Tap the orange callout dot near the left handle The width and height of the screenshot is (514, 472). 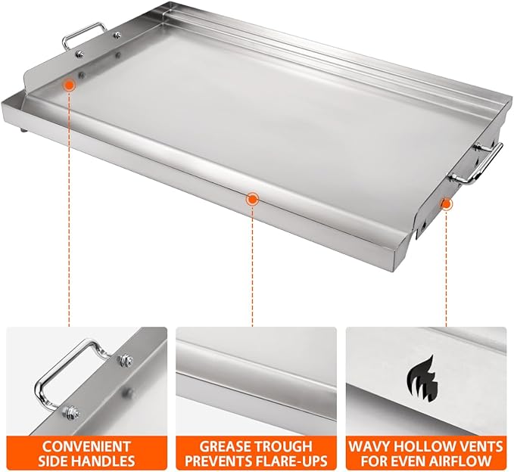coord(69,86)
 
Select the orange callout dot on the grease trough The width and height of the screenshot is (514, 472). coord(252,199)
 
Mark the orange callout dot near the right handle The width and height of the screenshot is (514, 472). coord(447,202)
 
